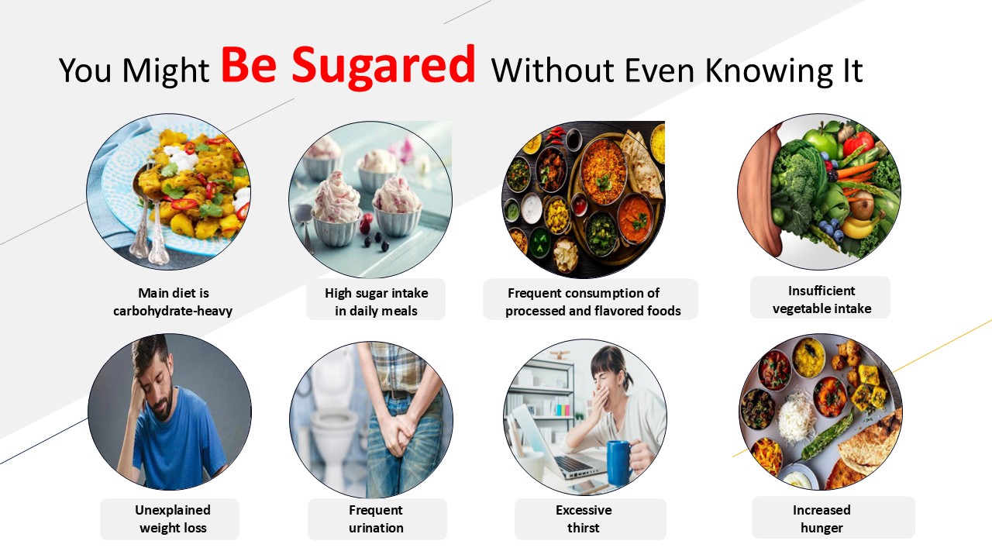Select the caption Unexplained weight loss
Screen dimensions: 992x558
pyautogui.click(x=173, y=519)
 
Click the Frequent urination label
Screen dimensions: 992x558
pyautogui.click(x=376, y=519)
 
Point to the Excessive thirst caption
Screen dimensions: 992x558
pyautogui.click(x=584, y=519)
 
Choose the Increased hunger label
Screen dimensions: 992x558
pyautogui.click(x=821, y=519)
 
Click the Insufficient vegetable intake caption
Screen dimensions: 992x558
pyautogui.click(x=821, y=300)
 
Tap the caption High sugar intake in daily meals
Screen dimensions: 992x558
pyautogui.click(x=377, y=302)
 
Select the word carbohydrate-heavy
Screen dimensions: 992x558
pyautogui.click(x=173, y=312)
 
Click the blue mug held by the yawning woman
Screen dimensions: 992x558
pyautogui.click(x=619, y=463)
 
